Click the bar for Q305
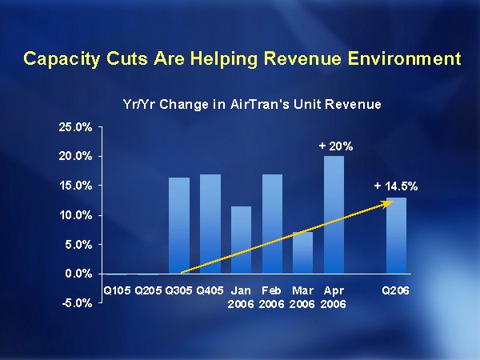tap(179, 226)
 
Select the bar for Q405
tap(210, 224)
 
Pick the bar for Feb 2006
tap(272, 224)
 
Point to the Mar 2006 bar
tap(303, 253)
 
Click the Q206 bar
tap(396, 235)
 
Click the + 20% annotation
tap(336, 146)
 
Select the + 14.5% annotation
tap(396, 186)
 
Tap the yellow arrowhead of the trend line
tap(387, 203)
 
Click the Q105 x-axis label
tap(117, 290)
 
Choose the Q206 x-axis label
tap(396, 290)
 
